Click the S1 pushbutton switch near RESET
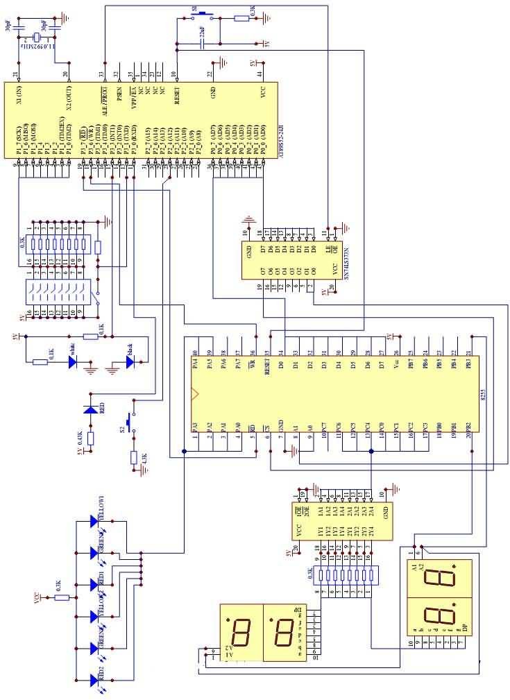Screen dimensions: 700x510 pos(202,13)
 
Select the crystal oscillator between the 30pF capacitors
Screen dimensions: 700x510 pos(32,42)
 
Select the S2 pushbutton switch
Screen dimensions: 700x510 pos(128,420)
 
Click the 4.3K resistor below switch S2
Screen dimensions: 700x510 pos(134,457)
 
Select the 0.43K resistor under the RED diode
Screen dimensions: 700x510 pos(90,439)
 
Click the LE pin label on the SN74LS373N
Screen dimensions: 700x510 pos(327,248)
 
